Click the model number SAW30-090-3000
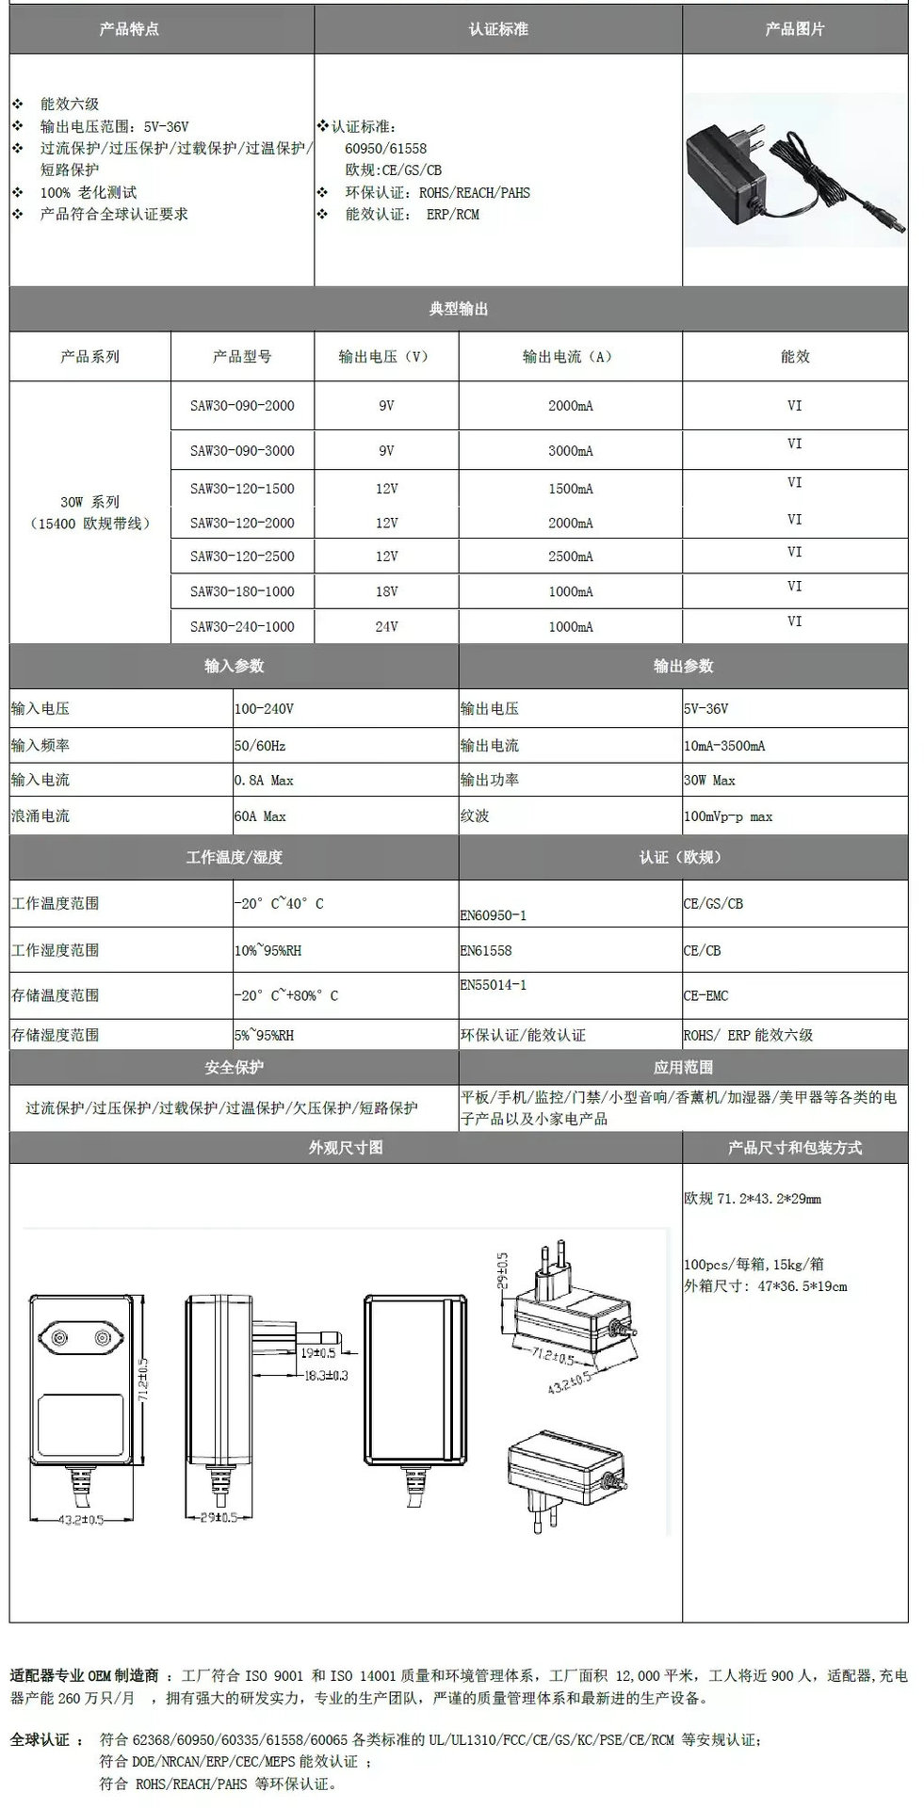coord(242,451)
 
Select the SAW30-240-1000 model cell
coord(242,627)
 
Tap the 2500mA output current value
coord(570,557)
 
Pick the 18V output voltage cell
coord(386,592)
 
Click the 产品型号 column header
coord(242,357)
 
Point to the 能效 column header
coord(794,357)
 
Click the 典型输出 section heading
coord(459,309)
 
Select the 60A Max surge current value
coord(260,816)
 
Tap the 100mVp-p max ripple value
coord(728,816)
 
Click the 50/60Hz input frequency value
coord(260,746)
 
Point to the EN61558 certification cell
coord(486,951)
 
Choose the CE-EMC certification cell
coord(705,996)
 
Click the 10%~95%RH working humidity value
coord(268,951)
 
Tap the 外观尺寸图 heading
coord(346,1148)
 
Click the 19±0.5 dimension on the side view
coord(313,1353)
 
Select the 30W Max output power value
coord(709,781)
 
